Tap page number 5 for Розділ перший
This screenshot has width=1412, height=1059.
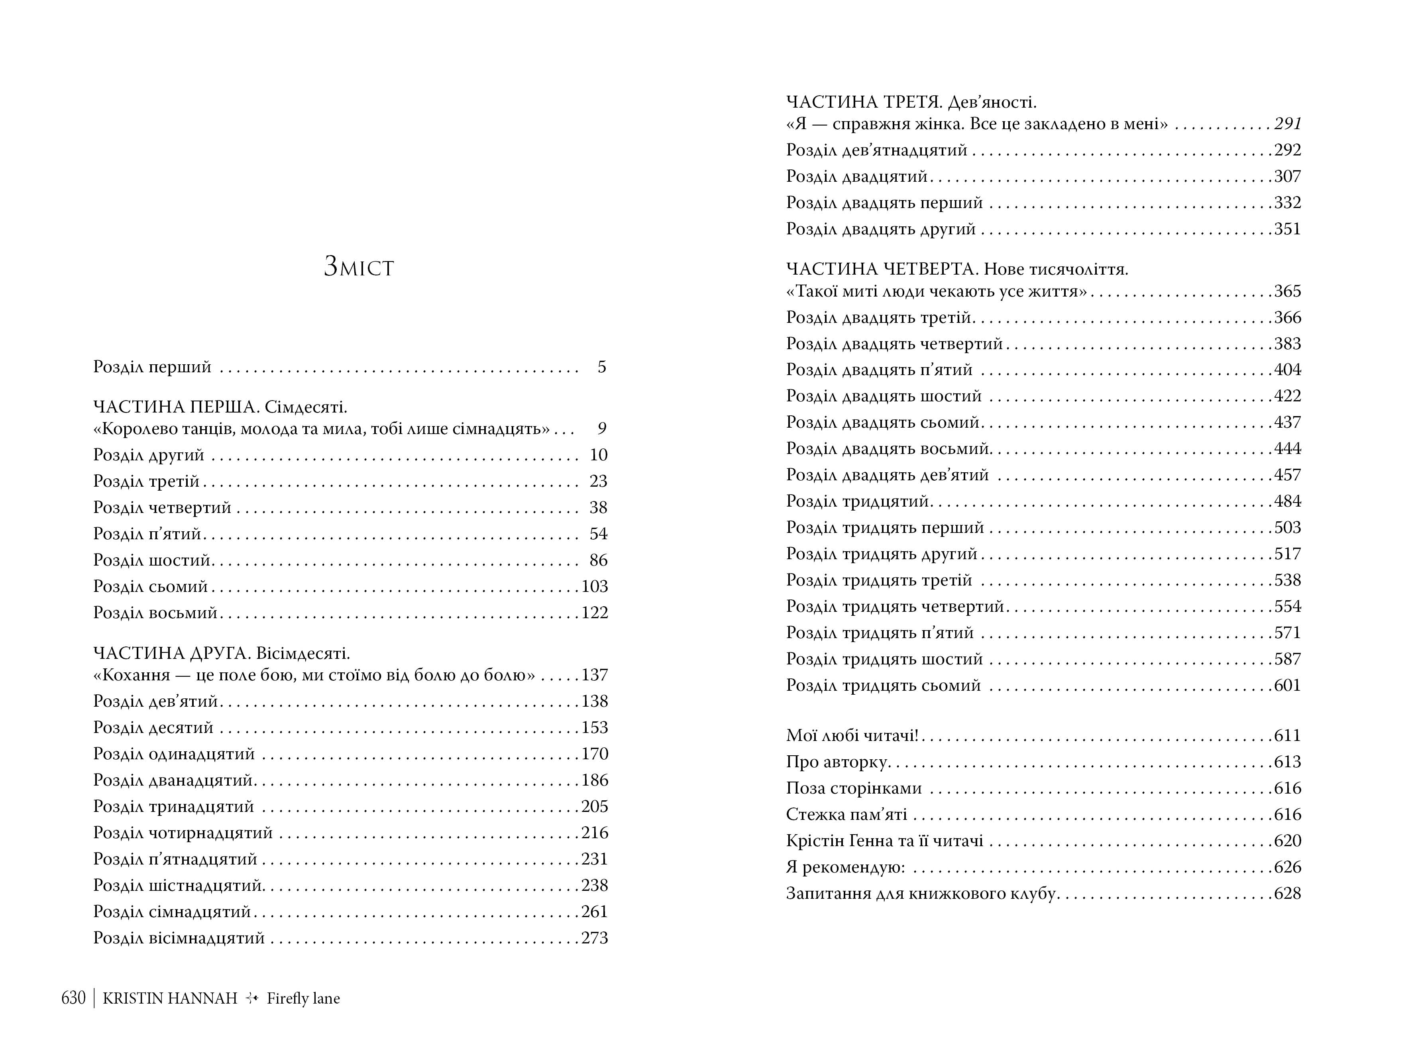pyautogui.click(x=601, y=367)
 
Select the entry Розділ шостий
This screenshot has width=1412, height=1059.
pyautogui.click(x=152, y=560)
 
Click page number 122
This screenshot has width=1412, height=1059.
pyautogui.click(x=594, y=613)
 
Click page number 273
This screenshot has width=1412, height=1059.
pyautogui.click(x=594, y=938)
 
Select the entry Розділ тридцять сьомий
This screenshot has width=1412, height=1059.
pyautogui.click(x=883, y=686)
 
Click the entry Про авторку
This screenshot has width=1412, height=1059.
pyautogui.click(x=837, y=762)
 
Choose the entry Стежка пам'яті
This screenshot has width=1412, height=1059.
pyautogui.click(x=846, y=815)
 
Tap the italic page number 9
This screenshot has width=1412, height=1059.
pyautogui.click(x=602, y=429)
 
